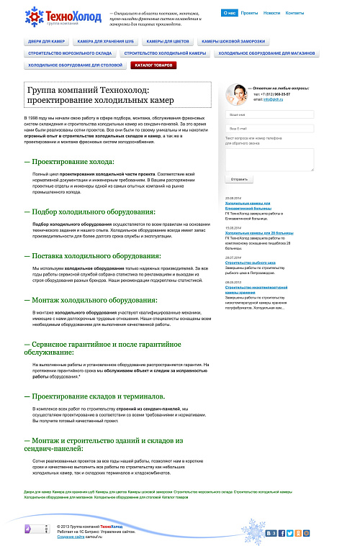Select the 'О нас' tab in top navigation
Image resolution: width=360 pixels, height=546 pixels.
pyautogui.click(x=230, y=13)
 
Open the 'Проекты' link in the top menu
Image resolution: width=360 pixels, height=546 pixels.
pyautogui.click(x=249, y=13)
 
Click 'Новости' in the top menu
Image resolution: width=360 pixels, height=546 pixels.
pyautogui.click(x=271, y=13)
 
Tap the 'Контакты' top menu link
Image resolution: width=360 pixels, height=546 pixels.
pyautogui.click(x=294, y=13)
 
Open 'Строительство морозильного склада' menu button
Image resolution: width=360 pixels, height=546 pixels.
pyautogui.click(x=70, y=53)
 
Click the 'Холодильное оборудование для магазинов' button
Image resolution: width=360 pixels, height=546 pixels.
pyautogui.click(x=266, y=53)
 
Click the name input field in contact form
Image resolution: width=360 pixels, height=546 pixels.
pyautogui.click(x=269, y=115)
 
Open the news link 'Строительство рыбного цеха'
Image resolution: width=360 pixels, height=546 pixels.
pyautogui.click(x=246, y=263)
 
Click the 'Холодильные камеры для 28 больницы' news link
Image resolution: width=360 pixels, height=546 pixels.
pyautogui.click(x=257, y=233)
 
